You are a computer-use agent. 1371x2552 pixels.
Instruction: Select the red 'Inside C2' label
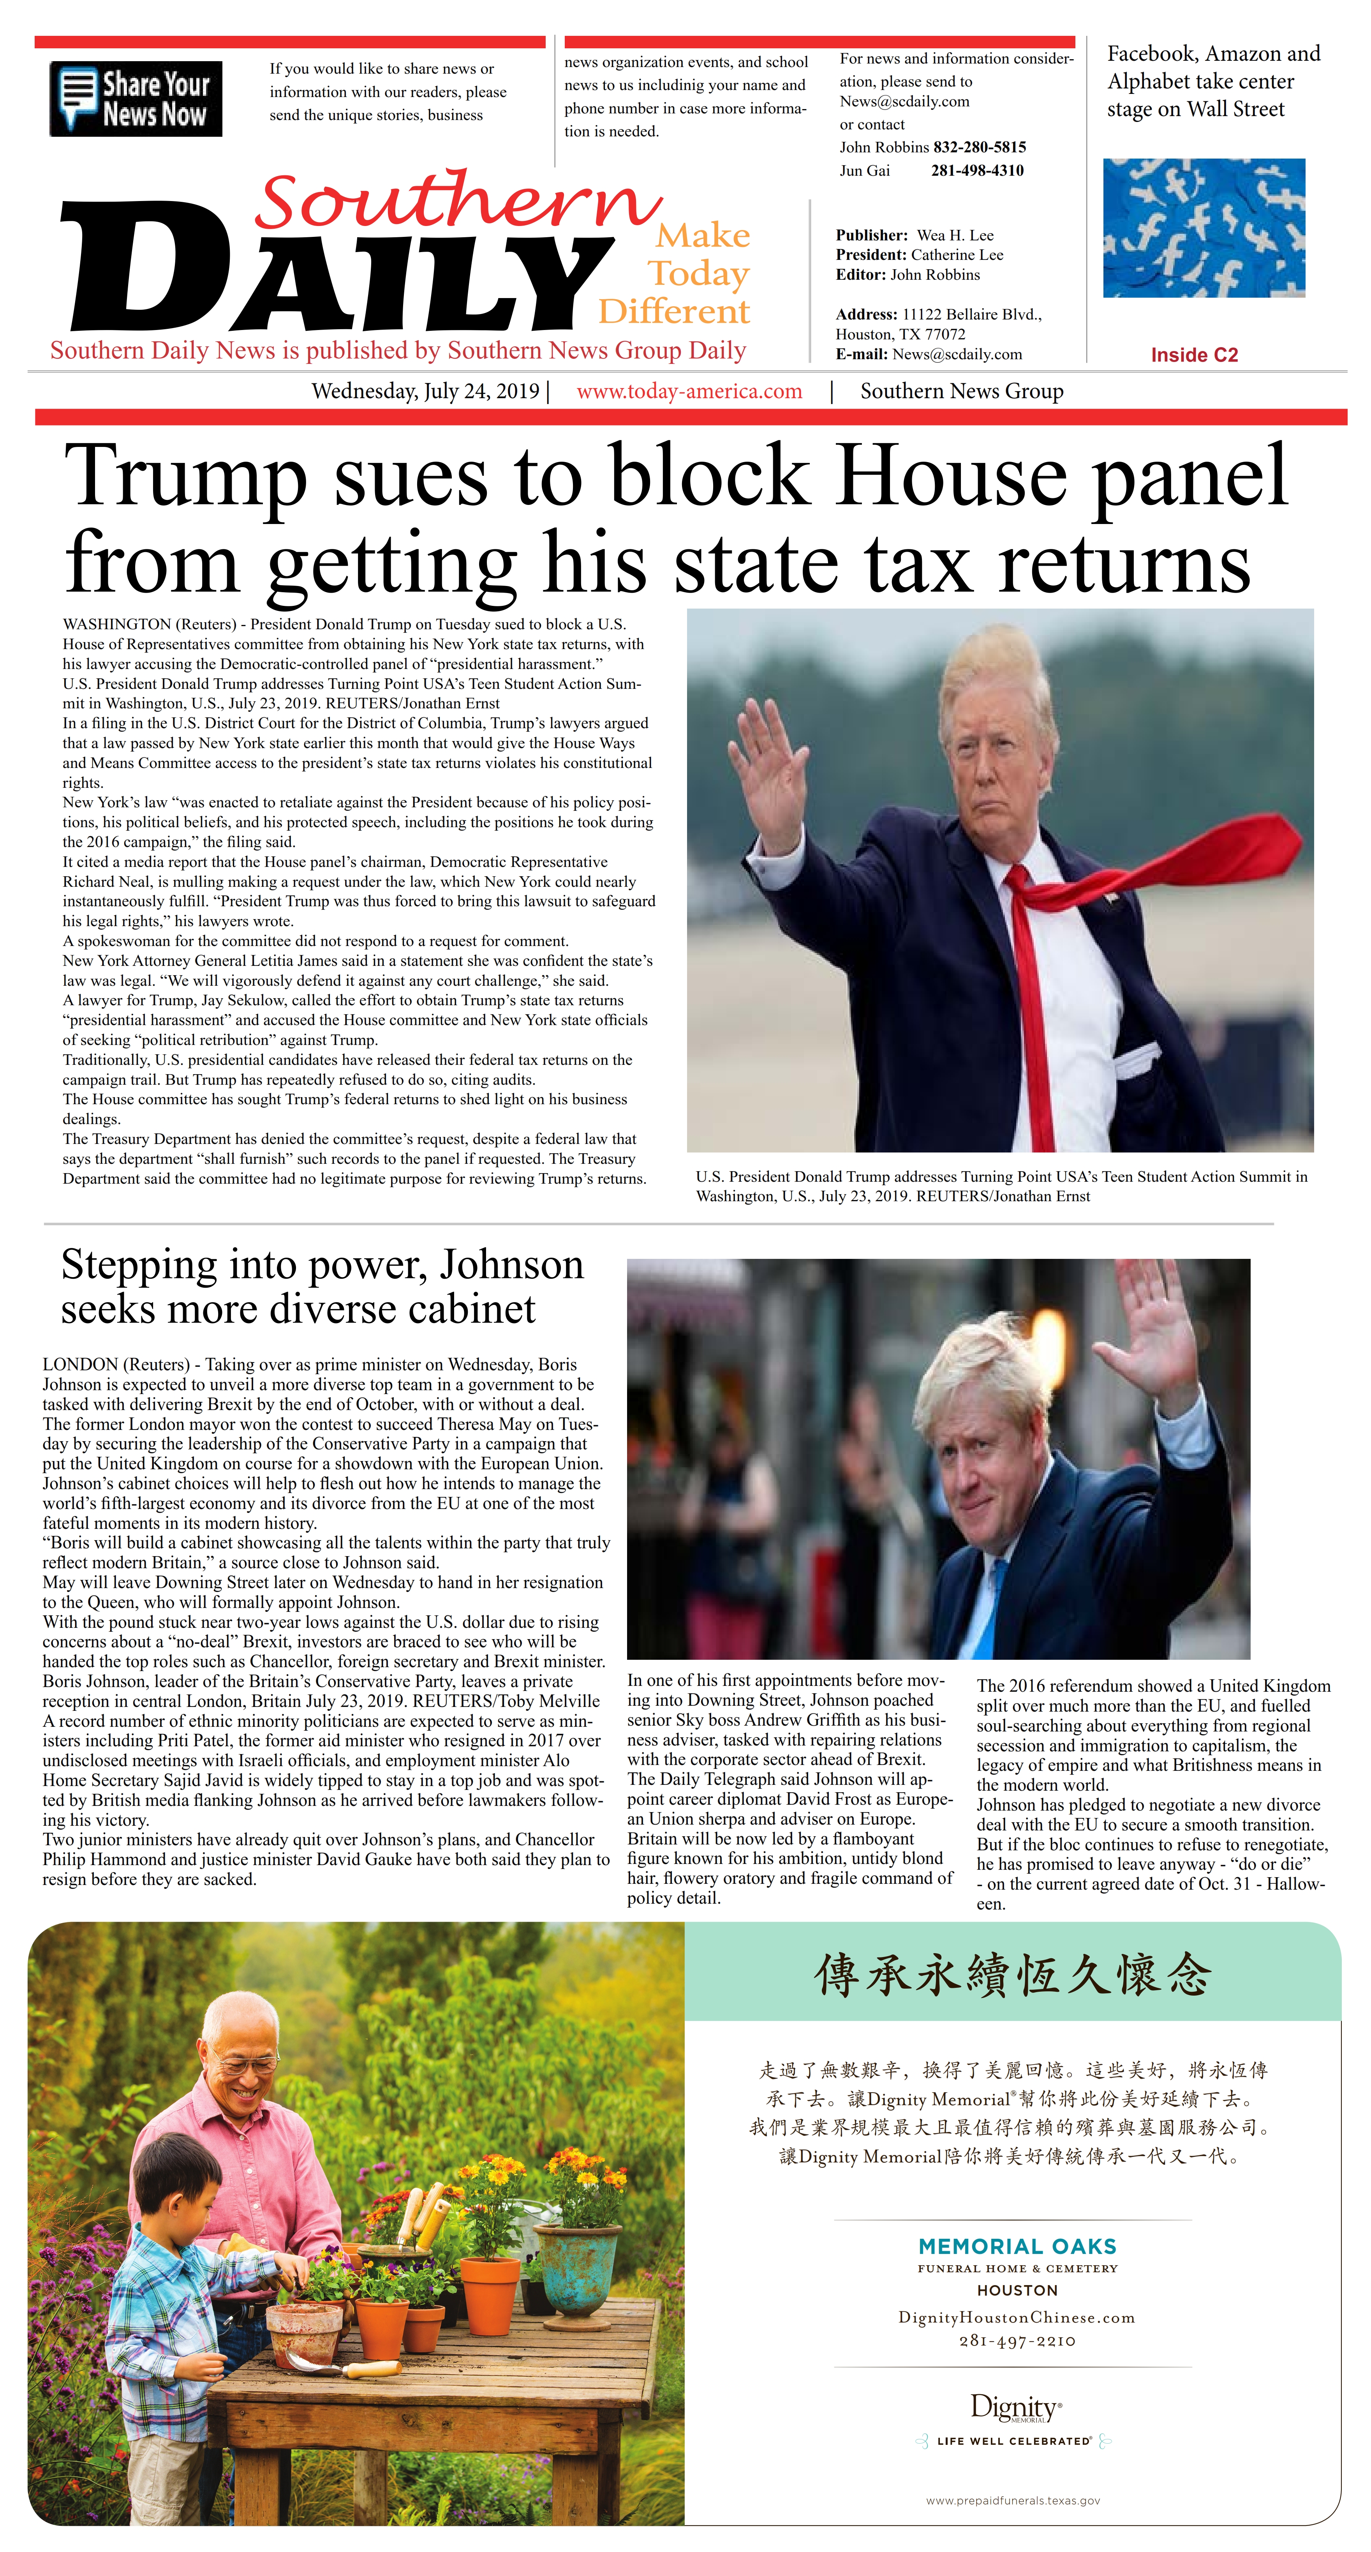click(x=1194, y=355)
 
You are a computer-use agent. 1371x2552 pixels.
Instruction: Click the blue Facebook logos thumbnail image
click(x=1204, y=228)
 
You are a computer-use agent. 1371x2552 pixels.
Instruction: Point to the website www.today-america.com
click(x=689, y=391)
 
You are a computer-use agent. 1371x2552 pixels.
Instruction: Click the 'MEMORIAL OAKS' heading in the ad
click(x=1017, y=2246)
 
